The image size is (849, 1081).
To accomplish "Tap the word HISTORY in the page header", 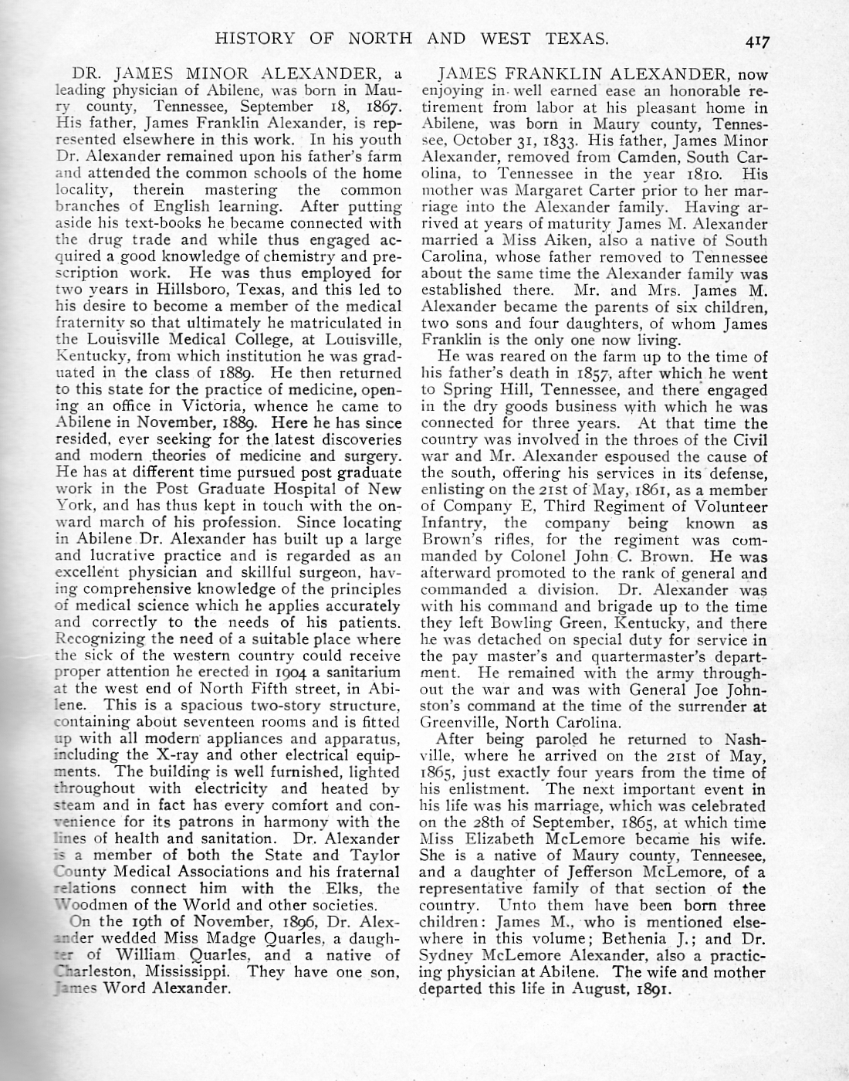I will pyautogui.click(x=254, y=37).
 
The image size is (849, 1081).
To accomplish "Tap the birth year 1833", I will pyautogui.click(x=557, y=141).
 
